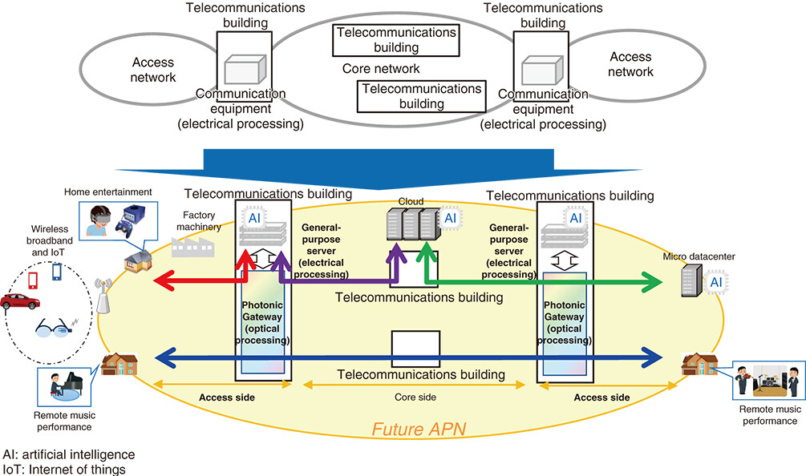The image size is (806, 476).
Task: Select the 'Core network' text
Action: [381, 69]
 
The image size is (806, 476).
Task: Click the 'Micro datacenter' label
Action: [699, 256]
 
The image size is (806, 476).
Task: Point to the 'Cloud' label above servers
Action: [410, 203]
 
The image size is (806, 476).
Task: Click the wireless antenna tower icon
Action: [103, 299]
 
